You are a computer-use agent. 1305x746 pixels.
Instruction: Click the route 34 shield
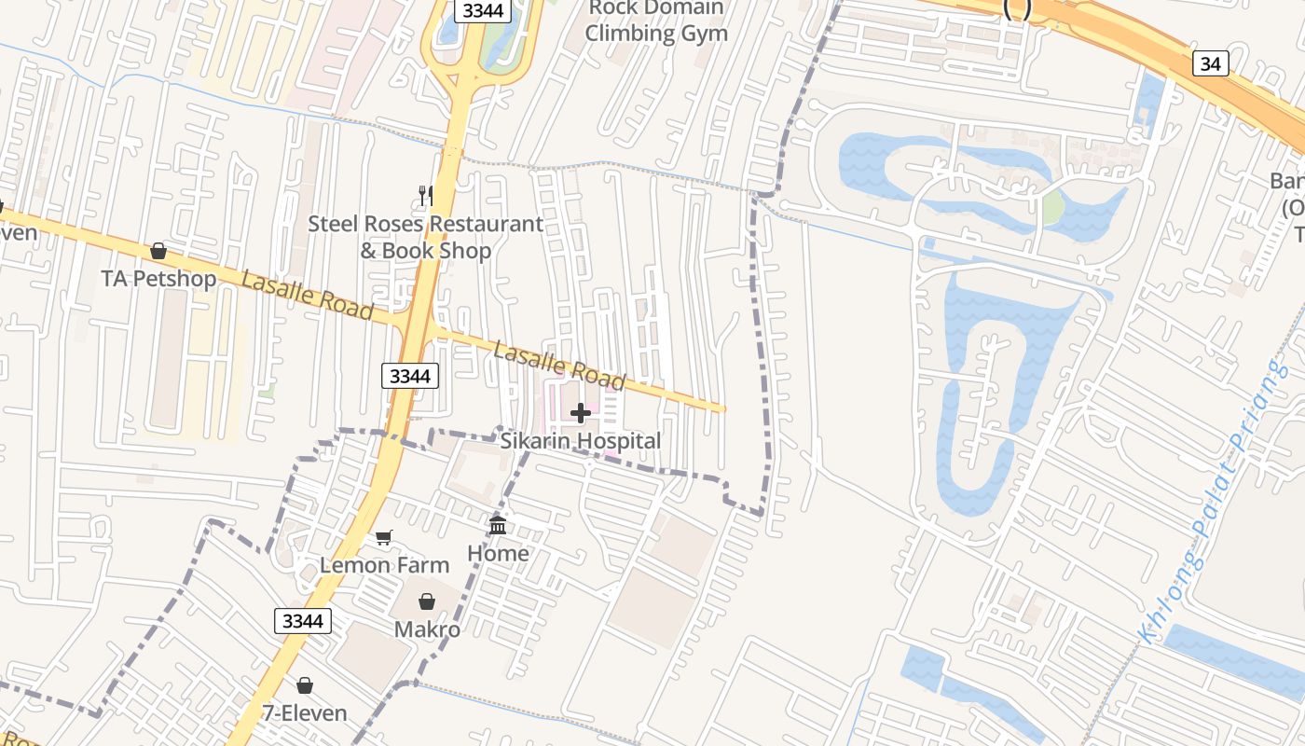tap(1210, 63)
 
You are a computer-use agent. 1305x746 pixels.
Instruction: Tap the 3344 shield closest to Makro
tap(303, 621)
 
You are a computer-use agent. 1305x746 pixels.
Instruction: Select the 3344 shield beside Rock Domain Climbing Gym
tap(483, 10)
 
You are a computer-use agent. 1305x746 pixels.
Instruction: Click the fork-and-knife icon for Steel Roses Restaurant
tap(425, 195)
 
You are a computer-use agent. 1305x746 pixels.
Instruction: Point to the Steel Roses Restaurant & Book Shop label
tap(426, 238)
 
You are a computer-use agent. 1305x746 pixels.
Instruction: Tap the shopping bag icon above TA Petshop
tap(158, 251)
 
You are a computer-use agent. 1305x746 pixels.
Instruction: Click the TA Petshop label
tap(159, 279)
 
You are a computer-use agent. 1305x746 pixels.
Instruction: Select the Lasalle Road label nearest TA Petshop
tap(307, 295)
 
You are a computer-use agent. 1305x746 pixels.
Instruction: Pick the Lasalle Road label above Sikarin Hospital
tap(558, 365)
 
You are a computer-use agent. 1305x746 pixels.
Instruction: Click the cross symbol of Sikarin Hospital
tap(580, 413)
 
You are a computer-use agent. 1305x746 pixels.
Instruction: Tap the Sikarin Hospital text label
tap(581, 441)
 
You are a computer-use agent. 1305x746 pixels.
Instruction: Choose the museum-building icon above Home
tap(498, 525)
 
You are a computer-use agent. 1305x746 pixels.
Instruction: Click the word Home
tap(498, 554)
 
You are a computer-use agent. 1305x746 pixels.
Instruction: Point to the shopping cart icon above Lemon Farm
tap(383, 537)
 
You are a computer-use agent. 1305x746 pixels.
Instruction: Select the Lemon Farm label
tap(384, 565)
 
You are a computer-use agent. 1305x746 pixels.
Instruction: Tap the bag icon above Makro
tap(427, 601)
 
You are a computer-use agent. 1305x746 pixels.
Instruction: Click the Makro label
tap(427, 629)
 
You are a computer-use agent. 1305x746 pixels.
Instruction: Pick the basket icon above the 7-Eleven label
tap(305, 685)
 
